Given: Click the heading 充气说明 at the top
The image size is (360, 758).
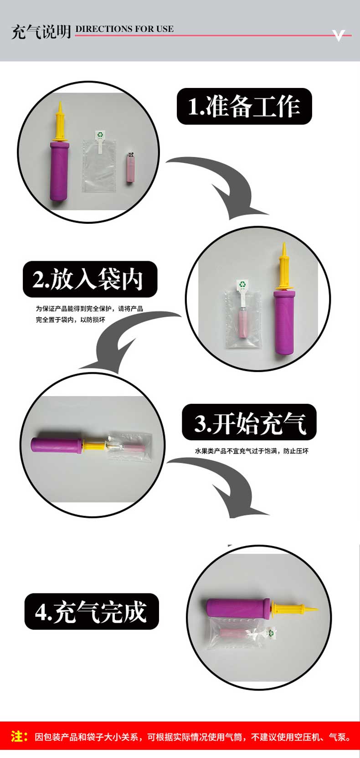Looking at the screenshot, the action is tap(41, 32).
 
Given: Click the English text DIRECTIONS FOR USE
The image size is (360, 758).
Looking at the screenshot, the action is tap(124, 29).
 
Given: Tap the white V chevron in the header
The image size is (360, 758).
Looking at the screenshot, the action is tap(338, 36).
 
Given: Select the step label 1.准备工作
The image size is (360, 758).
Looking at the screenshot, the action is tap(244, 106).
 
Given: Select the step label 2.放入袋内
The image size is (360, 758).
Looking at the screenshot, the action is tap(90, 279).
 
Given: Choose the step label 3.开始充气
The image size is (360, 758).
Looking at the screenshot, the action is tap(249, 423).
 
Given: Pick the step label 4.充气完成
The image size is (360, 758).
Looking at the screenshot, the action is tap(92, 612).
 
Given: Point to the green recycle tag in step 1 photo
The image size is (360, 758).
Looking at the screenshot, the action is tap(100, 135).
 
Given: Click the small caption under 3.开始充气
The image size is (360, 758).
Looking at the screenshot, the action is tap(252, 451).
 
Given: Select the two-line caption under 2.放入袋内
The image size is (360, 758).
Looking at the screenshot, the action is tap(89, 314).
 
